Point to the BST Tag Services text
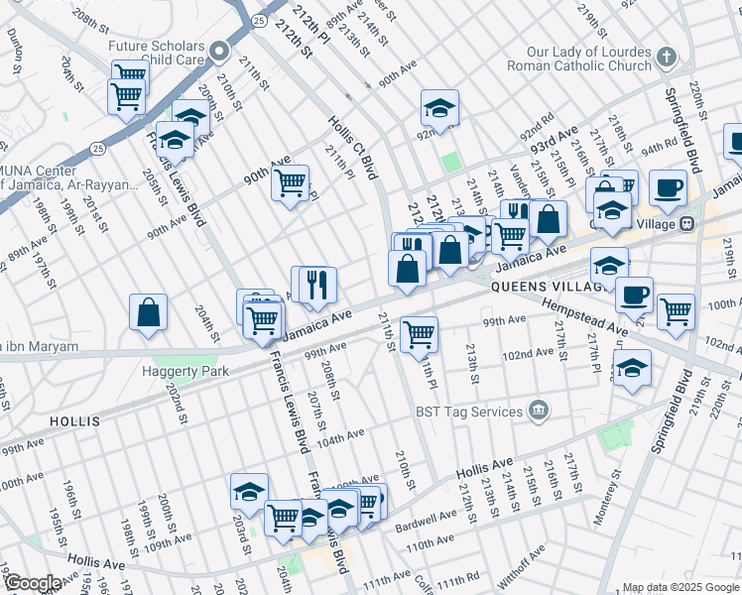click(470, 412)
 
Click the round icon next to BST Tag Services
click(538, 411)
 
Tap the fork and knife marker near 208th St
click(318, 285)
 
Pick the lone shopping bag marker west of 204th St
click(148, 313)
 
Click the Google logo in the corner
click(32, 583)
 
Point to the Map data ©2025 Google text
click(680, 587)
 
